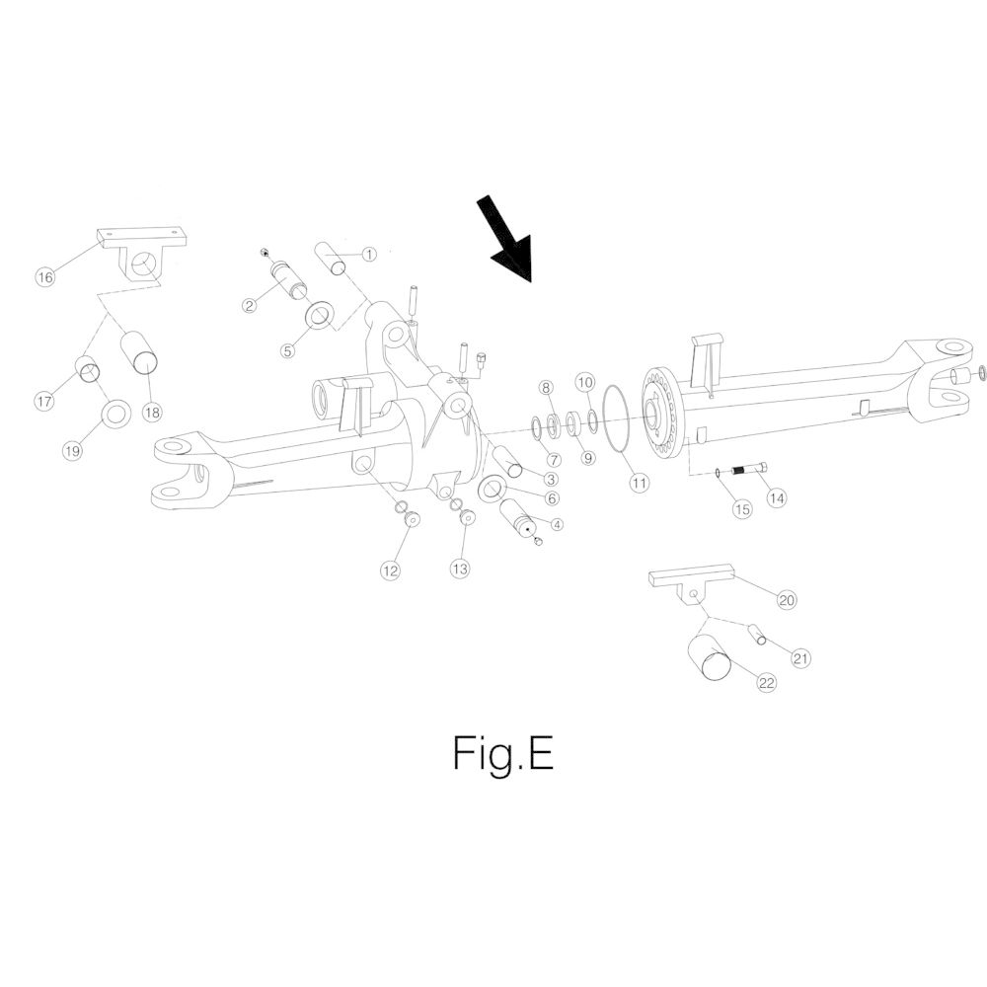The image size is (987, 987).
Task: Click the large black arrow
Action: [x=506, y=240]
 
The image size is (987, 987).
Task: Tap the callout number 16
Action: [x=45, y=277]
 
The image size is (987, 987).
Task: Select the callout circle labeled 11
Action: [x=639, y=484]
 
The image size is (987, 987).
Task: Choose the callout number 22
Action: [x=766, y=683]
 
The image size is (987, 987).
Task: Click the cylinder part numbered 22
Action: [x=711, y=657]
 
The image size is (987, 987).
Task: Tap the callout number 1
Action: [x=369, y=255]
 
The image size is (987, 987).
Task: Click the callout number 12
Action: [x=390, y=570]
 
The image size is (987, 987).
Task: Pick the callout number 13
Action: [x=460, y=569]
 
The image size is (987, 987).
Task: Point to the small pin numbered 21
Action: [x=757, y=634]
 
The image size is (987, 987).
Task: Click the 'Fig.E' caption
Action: [x=503, y=753]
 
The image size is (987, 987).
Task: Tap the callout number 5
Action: [x=287, y=350]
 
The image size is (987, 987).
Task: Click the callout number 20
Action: [x=787, y=600]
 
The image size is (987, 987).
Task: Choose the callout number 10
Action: [x=585, y=382]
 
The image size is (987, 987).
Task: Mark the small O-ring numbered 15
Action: [x=719, y=473]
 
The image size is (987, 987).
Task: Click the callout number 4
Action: [x=556, y=524]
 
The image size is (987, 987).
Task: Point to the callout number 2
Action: [x=250, y=306]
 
